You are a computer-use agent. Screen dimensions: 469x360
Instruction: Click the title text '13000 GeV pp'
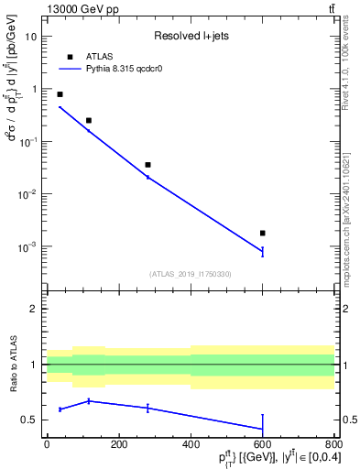click(x=76, y=9)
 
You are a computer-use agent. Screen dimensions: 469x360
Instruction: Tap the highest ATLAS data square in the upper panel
click(x=60, y=94)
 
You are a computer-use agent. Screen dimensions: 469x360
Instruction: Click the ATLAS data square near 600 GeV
click(x=263, y=234)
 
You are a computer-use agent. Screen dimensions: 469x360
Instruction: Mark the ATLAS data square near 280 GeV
click(x=147, y=165)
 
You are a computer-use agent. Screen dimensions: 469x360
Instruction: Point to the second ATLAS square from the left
click(x=89, y=120)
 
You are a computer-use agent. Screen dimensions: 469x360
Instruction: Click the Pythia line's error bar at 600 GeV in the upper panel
click(x=263, y=251)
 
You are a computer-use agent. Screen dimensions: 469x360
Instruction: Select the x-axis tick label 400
click(x=191, y=444)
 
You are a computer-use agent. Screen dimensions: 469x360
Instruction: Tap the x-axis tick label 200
click(x=118, y=444)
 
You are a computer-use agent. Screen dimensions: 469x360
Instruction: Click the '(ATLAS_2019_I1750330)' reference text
click(x=190, y=274)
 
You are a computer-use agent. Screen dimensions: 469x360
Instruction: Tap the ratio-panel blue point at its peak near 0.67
click(x=89, y=400)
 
